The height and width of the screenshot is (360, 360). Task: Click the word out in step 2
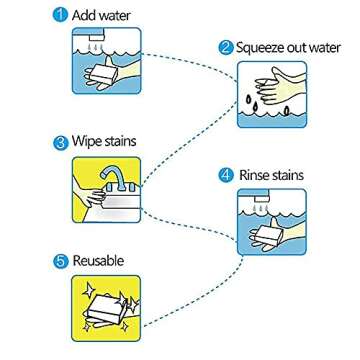(304, 46)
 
